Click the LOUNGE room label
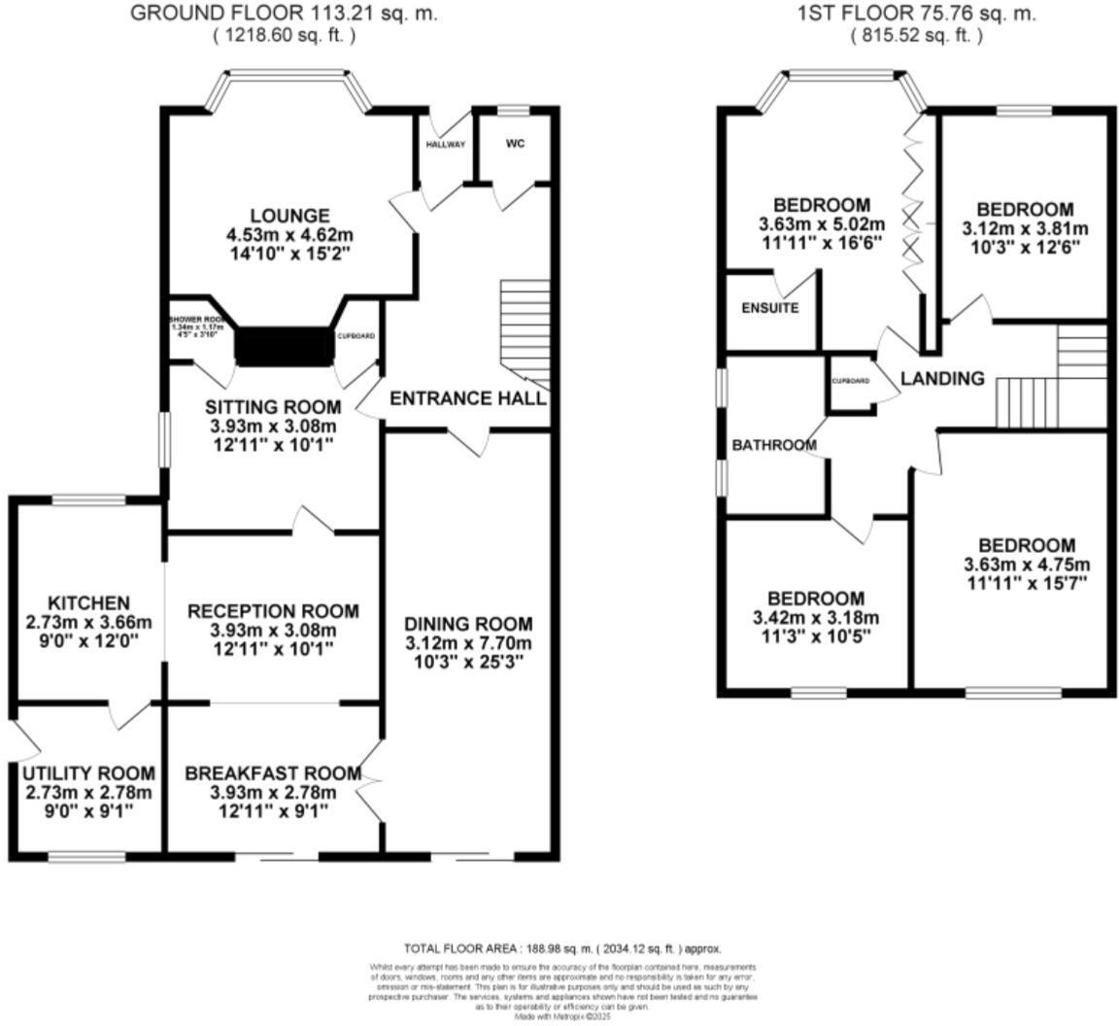(x=289, y=216)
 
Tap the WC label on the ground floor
(x=515, y=144)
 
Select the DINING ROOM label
(x=468, y=624)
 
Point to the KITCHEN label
(x=88, y=603)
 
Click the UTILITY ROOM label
(x=88, y=773)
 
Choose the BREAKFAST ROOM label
(x=273, y=773)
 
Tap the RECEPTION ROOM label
(x=273, y=611)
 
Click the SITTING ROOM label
(x=273, y=407)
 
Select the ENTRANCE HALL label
(x=467, y=398)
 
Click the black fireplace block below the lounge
(x=285, y=346)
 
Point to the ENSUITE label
(x=769, y=309)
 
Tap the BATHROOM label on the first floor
(x=773, y=445)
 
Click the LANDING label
(x=942, y=379)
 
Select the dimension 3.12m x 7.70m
(x=468, y=643)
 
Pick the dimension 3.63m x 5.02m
(x=822, y=224)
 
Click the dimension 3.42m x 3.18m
(x=816, y=618)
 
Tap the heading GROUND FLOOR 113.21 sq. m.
(x=284, y=14)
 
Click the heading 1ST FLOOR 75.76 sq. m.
(x=916, y=14)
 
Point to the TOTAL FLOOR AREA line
(x=562, y=948)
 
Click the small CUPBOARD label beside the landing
(x=851, y=381)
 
